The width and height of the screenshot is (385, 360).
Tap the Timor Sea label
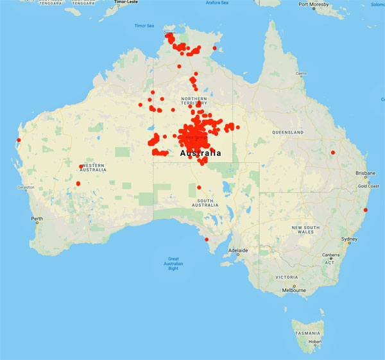pyautogui.click(x=144, y=26)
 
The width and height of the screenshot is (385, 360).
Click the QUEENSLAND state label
pyautogui.click(x=287, y=132)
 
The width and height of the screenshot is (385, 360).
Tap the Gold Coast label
pyautogui.click(x=368, y=185)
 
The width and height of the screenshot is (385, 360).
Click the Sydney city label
pyautogui.click(x=350, y=239)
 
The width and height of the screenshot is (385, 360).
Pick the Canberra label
pyautogui.click(x=331, y=255)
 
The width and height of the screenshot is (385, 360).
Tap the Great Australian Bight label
pyautogui.click(x=173, y=264)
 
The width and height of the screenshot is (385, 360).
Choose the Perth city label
pyautogui.click(x=38, y=219)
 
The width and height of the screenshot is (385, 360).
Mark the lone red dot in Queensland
pyautogui.click(x=332, y=152)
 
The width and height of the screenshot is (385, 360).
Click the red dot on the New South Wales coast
pyautogui.click(x=365, y=210)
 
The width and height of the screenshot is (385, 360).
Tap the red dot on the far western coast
pyautogui.click(x=19, y=140)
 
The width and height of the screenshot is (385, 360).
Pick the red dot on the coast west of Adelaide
pyautogui.click(x=207, y=240)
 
